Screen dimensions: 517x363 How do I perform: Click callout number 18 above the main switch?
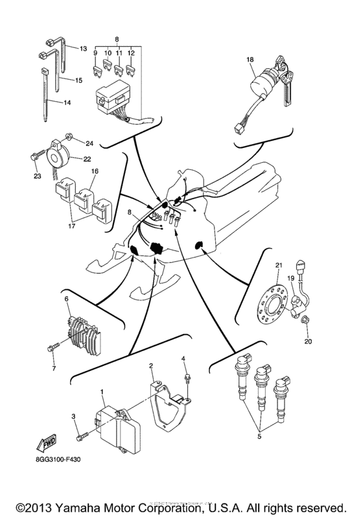249,60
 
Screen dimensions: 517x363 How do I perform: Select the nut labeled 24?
67,138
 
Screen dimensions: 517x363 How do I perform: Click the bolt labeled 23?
34,156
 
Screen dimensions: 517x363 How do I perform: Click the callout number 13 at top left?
82,49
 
